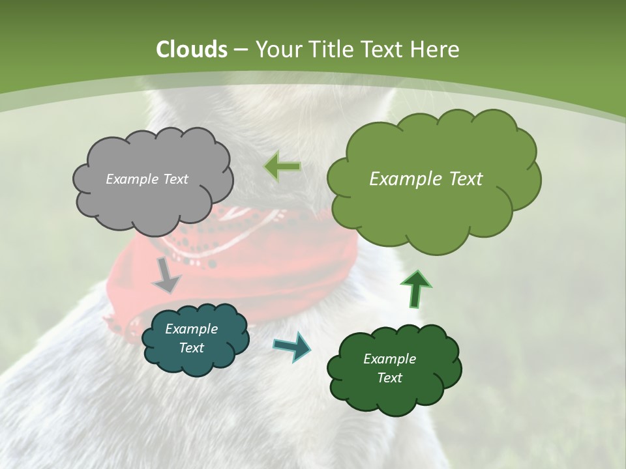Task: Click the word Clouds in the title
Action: pos(192,50)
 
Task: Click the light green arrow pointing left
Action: pos(283,167)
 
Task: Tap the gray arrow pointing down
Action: pos(166,275)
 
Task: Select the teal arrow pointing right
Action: pos(292,347)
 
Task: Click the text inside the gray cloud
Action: pos(147,179)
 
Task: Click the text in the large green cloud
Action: pos(426,179)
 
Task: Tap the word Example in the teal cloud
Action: pos(191,329)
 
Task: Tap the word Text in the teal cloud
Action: pos(191,348)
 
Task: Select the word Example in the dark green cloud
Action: pos(389,359)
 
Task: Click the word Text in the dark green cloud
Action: pos(389,378)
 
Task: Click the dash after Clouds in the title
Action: pos(240,50)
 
